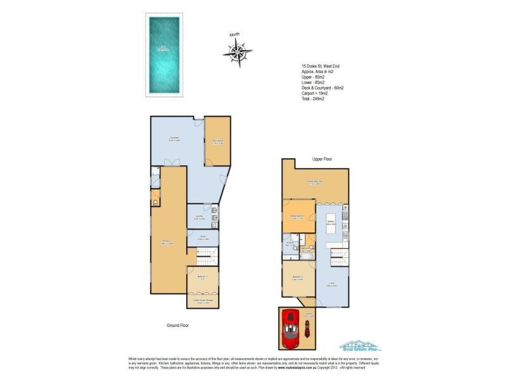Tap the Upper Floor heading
[x=322, y=159]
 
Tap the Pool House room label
[x=216, y=142]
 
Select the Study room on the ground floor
[x=203, y=238]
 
